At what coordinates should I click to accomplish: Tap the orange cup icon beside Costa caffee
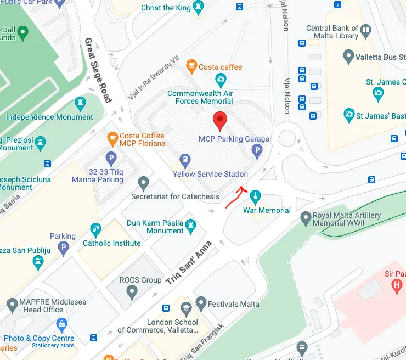pyautogui.click(x=191, y=67)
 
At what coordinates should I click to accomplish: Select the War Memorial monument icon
pyautogui.click(x=256, y=196)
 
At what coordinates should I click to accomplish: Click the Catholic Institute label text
pyautogui.click(x=111, y=243)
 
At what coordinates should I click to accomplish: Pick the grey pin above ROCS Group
pyautogui.click(x=132, y=292)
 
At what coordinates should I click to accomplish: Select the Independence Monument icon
pyautogui.click(x=80, y=103)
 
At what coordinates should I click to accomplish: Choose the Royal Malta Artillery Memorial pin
pyautogui.click(x=306, y=220)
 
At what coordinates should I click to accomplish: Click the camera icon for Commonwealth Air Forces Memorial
pyautogui.click(x=221, y=80)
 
